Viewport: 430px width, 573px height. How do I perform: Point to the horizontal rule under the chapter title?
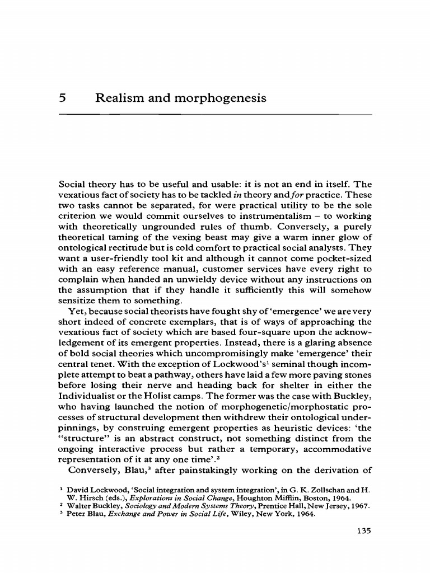pos(215,114)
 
